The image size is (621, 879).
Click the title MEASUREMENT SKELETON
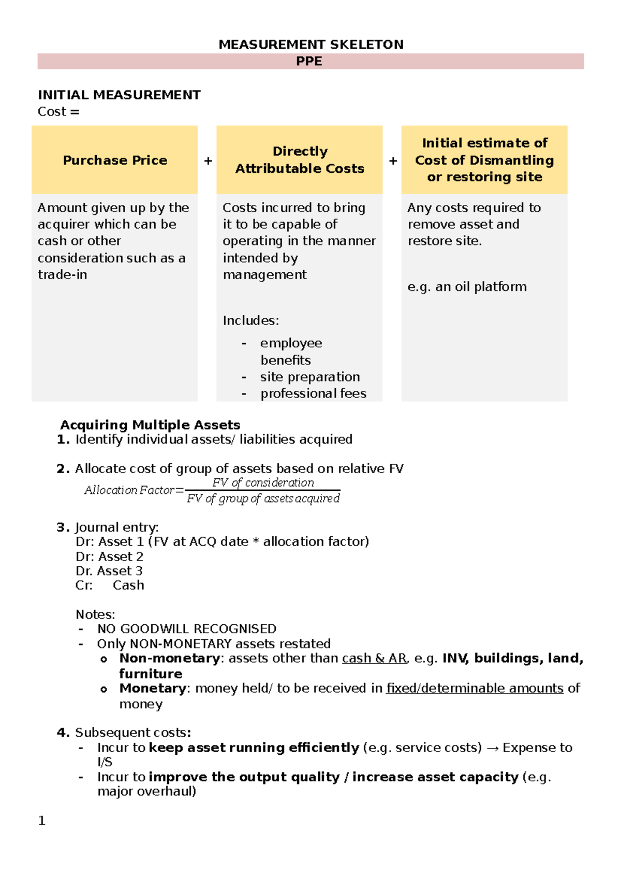310,45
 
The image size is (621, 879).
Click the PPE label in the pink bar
309,61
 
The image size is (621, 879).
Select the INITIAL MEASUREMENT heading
119,95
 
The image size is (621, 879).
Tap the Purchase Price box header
115,160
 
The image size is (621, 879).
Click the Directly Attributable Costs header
300,160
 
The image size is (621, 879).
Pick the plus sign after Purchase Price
208,161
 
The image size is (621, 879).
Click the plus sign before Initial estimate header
393,161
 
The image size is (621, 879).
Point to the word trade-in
62,274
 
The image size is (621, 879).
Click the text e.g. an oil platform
467,287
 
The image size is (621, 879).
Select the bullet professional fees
313,393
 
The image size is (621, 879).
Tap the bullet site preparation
310,377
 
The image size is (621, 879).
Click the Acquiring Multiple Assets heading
150,425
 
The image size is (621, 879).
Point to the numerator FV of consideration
263,482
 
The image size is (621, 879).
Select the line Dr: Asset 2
109,556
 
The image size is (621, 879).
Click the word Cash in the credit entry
128,585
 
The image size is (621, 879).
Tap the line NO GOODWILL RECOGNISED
186,629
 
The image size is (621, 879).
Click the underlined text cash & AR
374,658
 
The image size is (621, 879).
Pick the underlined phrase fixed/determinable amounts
475,688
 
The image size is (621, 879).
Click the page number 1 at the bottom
42,821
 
